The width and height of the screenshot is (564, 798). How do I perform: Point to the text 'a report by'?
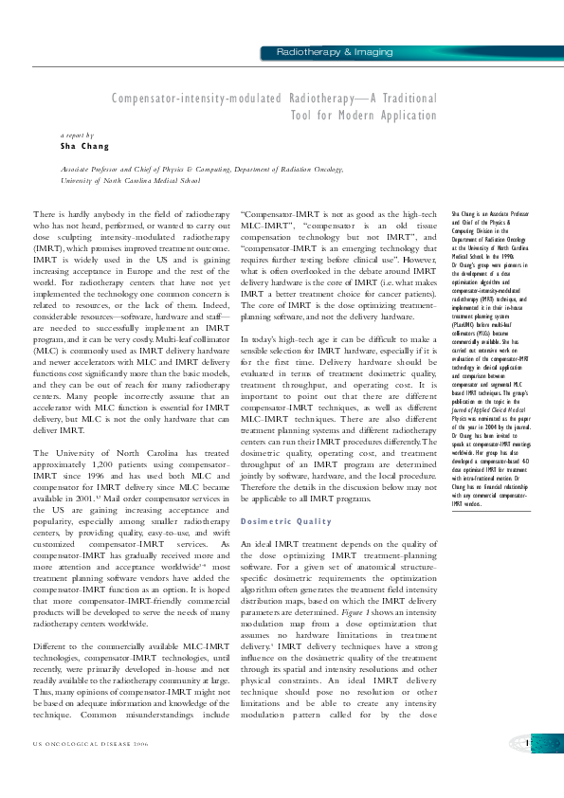coord(79,136)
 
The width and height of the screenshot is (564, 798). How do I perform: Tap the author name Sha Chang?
coord(84,147)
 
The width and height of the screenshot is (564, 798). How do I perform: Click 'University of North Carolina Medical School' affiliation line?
coord(131,179)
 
